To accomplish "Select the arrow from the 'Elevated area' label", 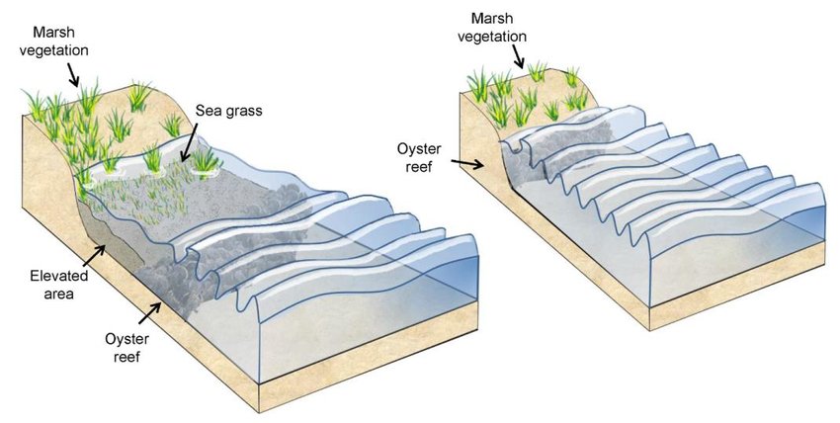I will [x=96, y=257].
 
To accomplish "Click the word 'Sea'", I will [x=207, y=111].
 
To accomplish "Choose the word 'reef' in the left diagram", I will [x=126, y=357].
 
